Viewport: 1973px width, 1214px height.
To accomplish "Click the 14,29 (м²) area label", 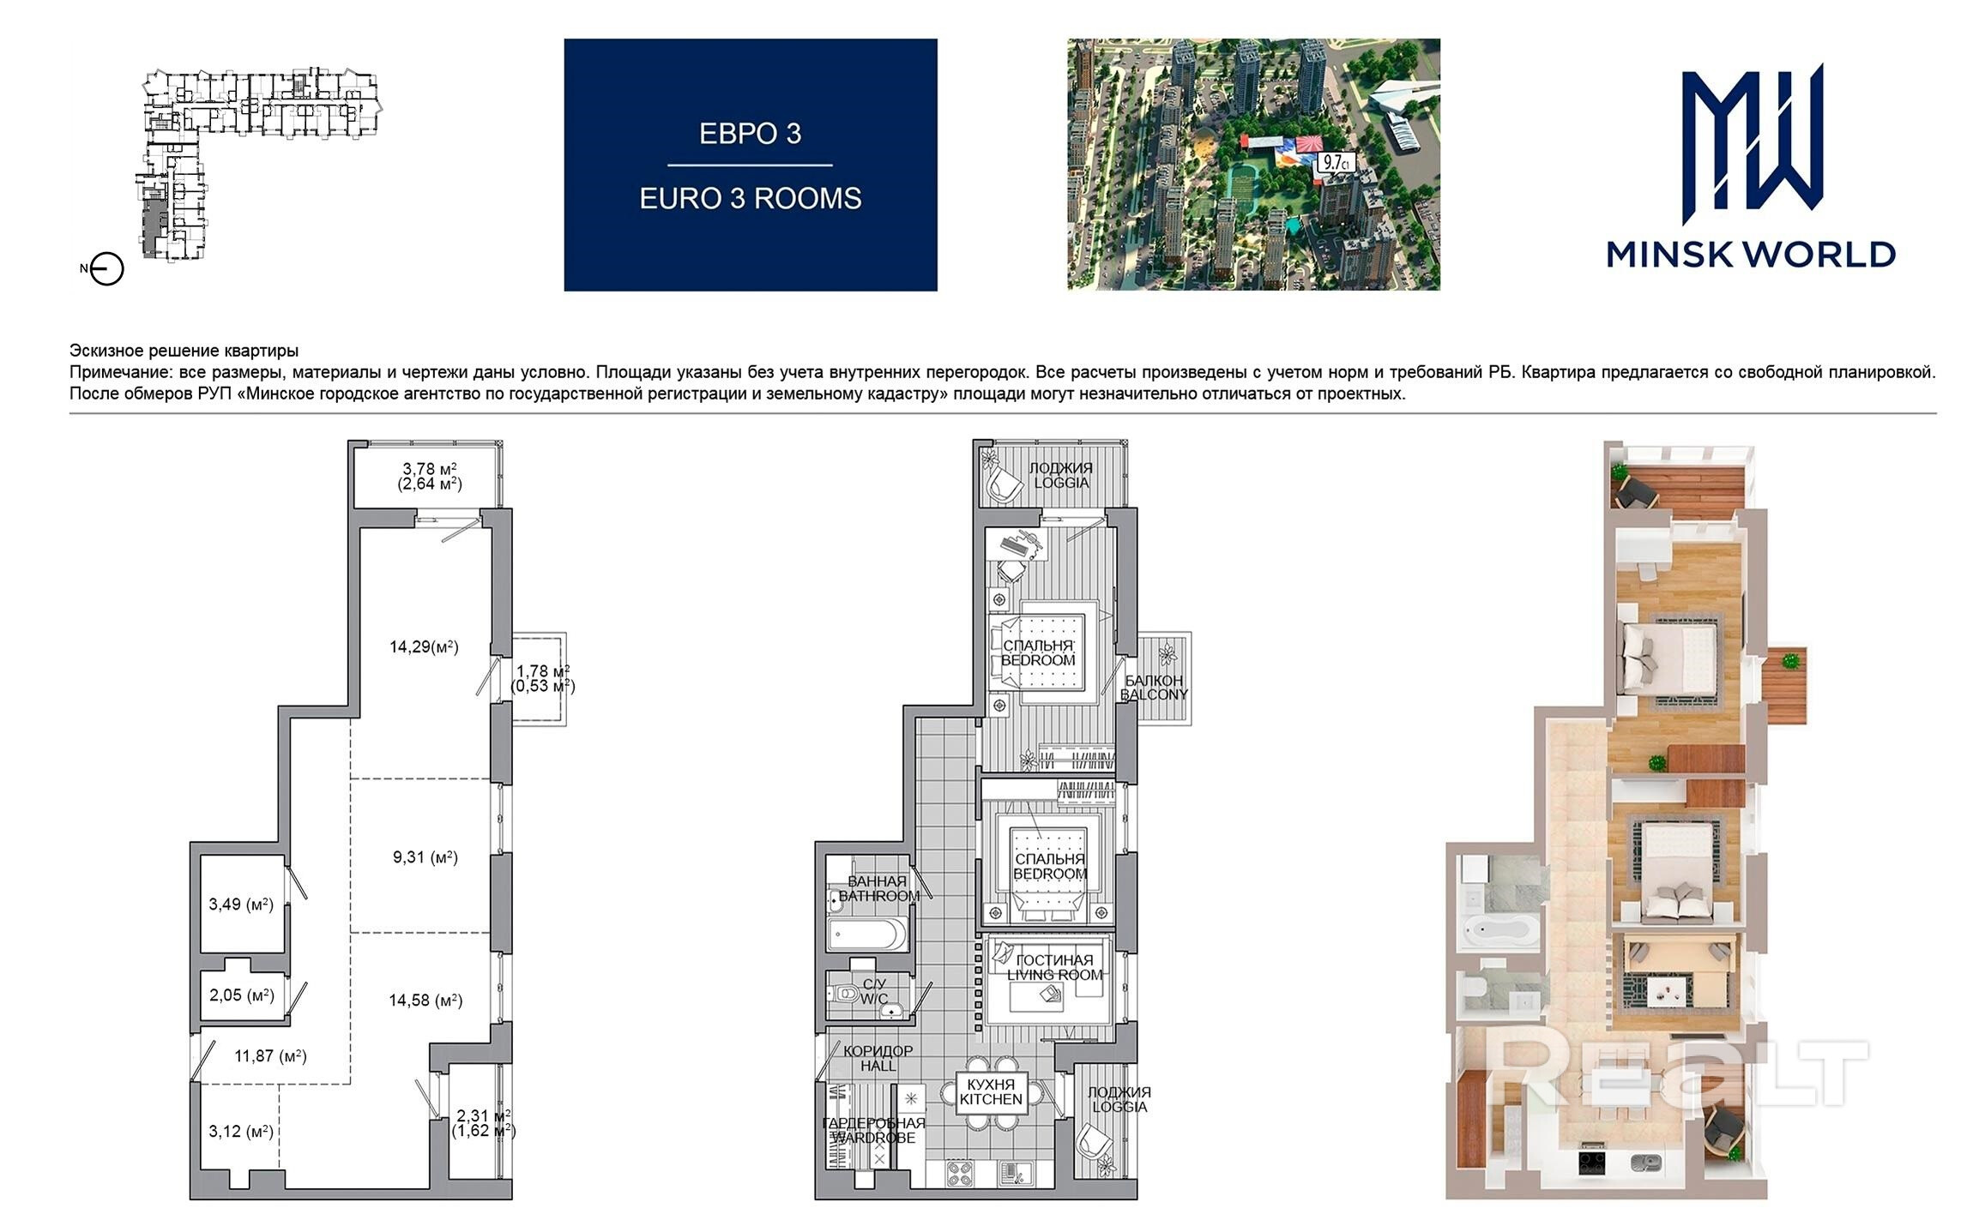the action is pyautogui.click(x=424, y=647).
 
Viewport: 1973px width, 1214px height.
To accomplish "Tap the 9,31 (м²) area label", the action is pyautogui.click(x=425, y=857).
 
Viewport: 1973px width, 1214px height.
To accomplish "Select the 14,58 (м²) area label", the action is pyautogui.click(x=425, y=1001).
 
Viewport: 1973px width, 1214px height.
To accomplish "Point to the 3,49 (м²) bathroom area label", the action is pyautogui.click(x=241, y=904).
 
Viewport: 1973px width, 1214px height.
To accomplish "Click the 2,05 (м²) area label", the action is pyautogui.click(x=242, y=996).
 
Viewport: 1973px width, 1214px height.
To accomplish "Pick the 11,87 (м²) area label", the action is pyautogui.click(x=271, y=1056).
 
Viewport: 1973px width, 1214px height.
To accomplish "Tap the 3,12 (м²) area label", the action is pyautogui.click(x=241, y=1132).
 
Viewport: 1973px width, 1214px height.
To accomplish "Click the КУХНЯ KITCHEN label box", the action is pyautogui.click(x=991, y=1092).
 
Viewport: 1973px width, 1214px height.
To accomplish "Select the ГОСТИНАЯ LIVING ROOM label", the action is pyautogui.click(x=1054, y=968).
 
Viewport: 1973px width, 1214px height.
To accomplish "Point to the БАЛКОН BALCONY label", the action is pyautogui.click(x=1154, y=688).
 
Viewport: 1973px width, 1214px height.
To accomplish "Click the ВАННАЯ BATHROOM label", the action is pyautogui.click(x=878, y=888).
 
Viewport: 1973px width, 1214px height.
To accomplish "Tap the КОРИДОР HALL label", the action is pyautogui.click(x=878, y=1058).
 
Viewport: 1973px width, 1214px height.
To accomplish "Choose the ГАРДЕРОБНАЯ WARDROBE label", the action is pyautogui.click(x=873, y=1130).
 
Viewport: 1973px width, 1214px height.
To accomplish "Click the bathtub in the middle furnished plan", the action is pyautogui.click(x=867, y=934).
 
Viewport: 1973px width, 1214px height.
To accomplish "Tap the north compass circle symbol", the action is pyautogui.click(x=107, y=269).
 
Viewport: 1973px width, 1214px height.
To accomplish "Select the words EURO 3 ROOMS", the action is pyautogui.click(x=751, y=199).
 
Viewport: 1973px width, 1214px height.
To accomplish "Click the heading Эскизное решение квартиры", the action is pyautogui.click(x=184, y=351).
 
